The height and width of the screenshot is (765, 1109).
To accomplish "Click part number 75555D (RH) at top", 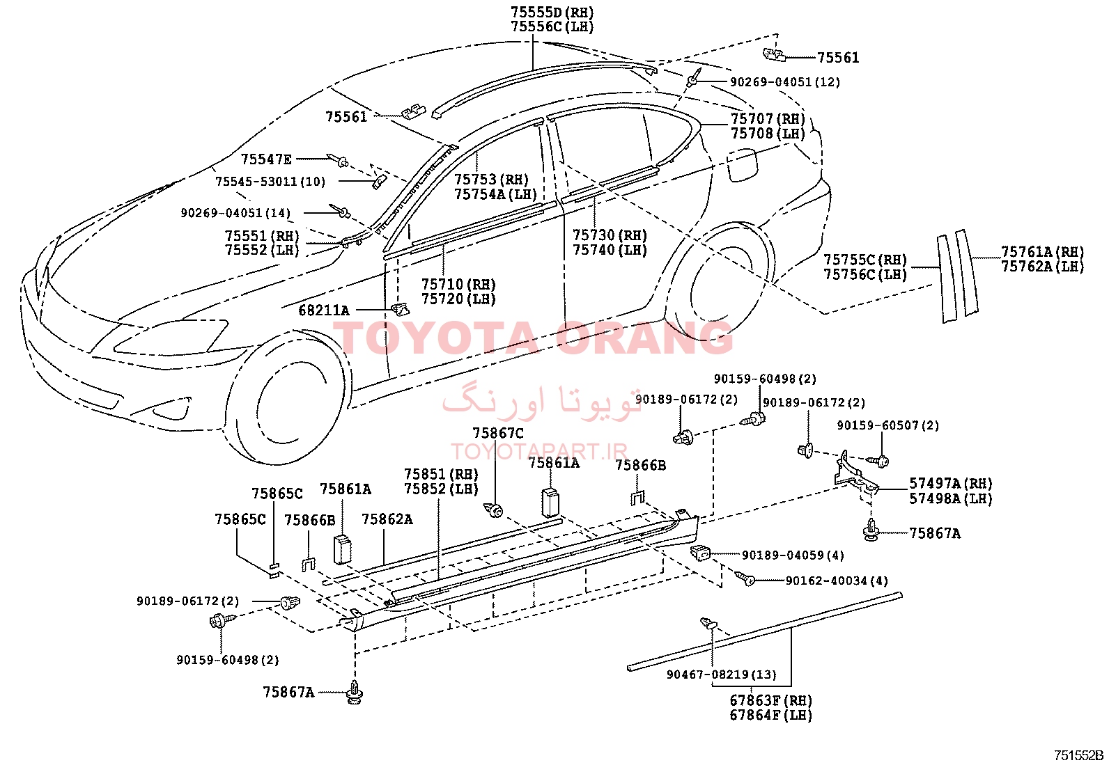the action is point(552,13).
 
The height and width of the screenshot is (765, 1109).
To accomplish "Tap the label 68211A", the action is point(324,310).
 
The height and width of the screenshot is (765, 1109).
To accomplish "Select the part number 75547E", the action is point(266,159).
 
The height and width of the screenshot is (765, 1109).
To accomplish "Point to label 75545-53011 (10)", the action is point(270,182).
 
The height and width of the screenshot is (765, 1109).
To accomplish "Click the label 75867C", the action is point(497,433).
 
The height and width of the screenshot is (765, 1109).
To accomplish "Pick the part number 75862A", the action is point(387,519).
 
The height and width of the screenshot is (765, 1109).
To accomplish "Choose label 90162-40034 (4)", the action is point(837,581).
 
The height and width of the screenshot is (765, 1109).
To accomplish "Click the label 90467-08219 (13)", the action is point(722,675).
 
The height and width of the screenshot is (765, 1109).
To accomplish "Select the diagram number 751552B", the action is point(1079,755).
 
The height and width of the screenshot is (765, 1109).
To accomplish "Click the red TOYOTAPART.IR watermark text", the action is point(539,451).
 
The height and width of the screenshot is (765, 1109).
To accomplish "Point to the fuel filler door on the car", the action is point(742,165).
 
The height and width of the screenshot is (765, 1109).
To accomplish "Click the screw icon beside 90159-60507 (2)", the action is point(878,462).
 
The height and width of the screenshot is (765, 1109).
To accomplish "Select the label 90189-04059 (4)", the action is point(793,555).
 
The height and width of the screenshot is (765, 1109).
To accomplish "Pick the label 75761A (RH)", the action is point(1043,252).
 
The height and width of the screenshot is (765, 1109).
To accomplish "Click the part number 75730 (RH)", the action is point(610,235).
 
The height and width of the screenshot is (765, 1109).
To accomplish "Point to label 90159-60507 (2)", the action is point(887,425).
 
